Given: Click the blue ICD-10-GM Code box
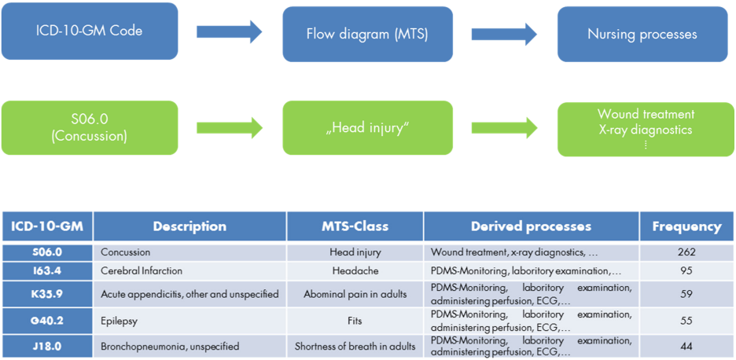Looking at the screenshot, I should pos(89,32).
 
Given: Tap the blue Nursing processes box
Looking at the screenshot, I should pos(642,35).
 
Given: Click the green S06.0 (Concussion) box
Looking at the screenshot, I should pos(89,127).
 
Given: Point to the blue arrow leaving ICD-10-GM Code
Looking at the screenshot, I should pos(229,32).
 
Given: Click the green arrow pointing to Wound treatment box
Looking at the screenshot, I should pos(504,127).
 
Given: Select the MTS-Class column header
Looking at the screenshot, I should pos(355,226).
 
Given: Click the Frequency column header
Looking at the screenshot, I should pos(686,226).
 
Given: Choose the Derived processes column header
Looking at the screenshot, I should pos(531,226).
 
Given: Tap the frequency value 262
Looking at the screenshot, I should pos(686,252).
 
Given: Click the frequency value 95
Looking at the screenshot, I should pos(686,271).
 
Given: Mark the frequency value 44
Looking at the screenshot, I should pos(686,346).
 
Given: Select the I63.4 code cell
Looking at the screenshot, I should pos(47,271).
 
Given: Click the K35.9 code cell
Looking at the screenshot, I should pos(47,294).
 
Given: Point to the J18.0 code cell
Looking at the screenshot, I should pos(47,346).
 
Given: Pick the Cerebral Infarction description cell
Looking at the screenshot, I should pos(142,271).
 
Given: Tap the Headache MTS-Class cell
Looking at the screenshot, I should pos(355,271).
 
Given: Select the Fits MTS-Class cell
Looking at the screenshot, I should pos(355,321).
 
